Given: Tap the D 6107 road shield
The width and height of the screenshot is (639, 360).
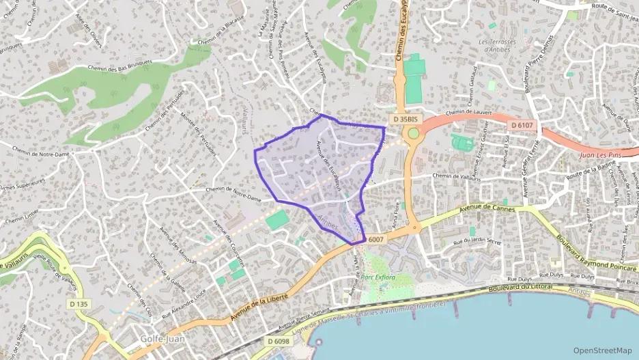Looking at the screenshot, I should (x=522, y=126).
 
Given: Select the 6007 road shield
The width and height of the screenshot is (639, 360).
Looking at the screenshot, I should (x=376, y=239).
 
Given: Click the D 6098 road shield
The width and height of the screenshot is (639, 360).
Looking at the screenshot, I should (x=279, y=341).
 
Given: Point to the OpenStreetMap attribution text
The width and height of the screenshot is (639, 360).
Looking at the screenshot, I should (x=602, y=350).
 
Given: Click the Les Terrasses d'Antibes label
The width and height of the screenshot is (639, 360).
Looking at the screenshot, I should (x=507, y=46).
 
